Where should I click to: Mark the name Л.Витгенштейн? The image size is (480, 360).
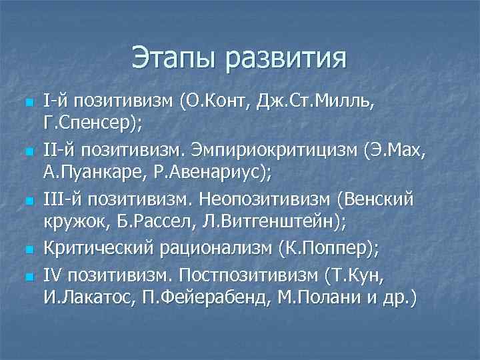tap(260, 223)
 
